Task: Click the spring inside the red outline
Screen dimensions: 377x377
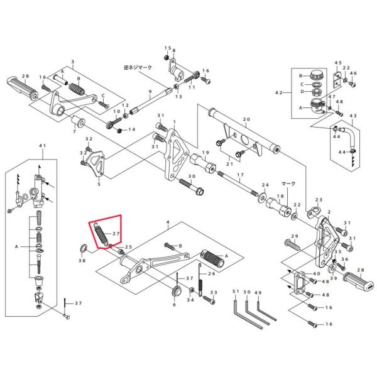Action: pyautogui.click(x=101, y=234)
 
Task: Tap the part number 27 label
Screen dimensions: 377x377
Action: pyautogui.click(x=116, y=234)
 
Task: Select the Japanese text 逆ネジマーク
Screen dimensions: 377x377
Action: pyautogui.click(x=138, y=68)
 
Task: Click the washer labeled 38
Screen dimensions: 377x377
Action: pyautogui.click(x=83, y=248)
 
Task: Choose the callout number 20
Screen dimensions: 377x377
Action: pyautogui.click(x=246, y=119)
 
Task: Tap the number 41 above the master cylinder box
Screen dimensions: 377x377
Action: pyautogui.click(x=43, y=146)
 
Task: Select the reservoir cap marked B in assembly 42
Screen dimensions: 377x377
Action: pyautogui.click(x=316, y=76)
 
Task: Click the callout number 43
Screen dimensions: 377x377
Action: pyautogui.click(x=352, y=116)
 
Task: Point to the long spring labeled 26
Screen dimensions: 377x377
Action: pyautogui.click(x=200, y=280)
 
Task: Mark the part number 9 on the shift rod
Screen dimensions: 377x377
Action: pyautogui.click(x=150, y=92)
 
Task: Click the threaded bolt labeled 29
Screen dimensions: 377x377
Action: pyautogui.click(x=292, y=244)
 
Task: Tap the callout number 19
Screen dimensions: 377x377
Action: pyautogui.click(x=205, y=153)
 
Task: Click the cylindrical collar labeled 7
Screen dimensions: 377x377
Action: pyautogui.click(x=79, y=122)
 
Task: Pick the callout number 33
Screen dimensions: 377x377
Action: pyautogui.click(x=214, y=292)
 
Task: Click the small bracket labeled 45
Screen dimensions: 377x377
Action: pyautogui.click(x=337, y=79)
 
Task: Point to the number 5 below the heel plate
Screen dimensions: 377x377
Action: pyautogui.click(x=99, y=184)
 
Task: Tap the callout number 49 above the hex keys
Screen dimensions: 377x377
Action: pyautogui.click(x=258, y=292)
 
